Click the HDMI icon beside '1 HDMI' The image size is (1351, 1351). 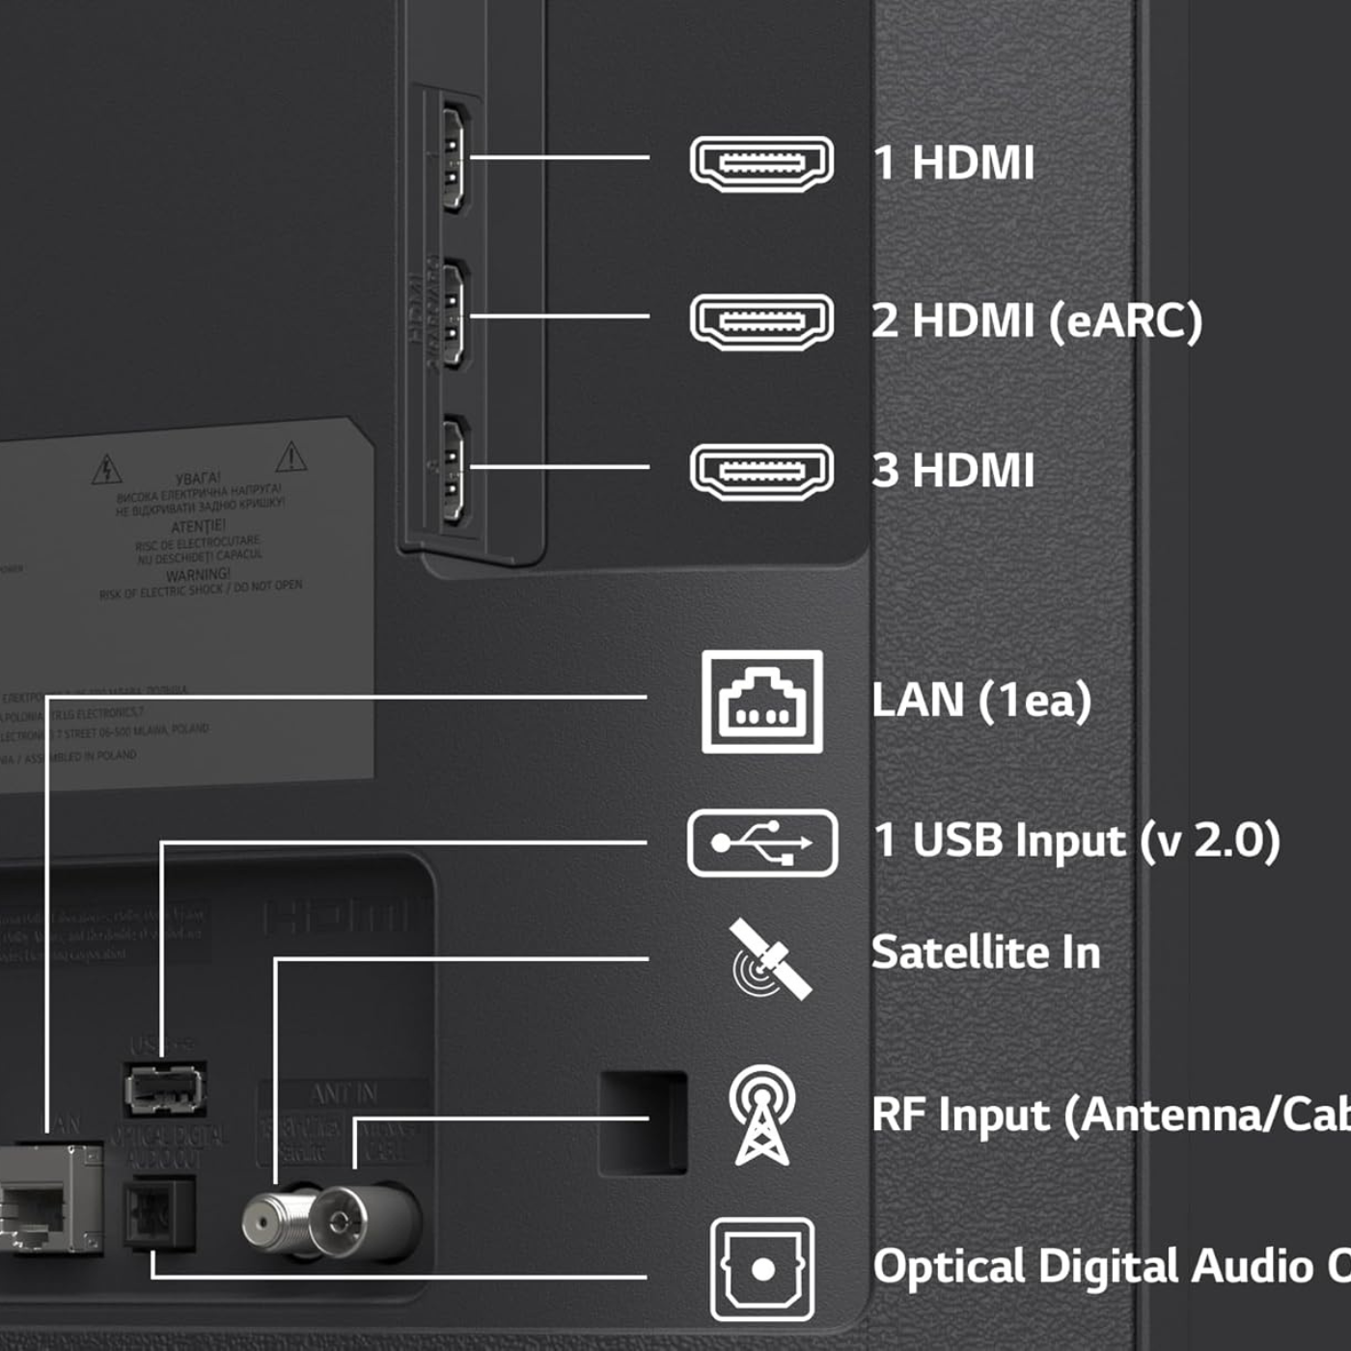[761, 163]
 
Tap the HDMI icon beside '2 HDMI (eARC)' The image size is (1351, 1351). [761, 321]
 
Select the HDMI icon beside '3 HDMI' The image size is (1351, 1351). [761, 472]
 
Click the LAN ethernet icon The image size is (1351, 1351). [762, 702]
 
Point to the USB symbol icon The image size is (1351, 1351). [762, 842]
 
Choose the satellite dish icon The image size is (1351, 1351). [769, 959]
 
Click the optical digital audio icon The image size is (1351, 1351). [762, 1268]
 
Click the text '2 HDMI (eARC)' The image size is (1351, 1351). [1036, 321]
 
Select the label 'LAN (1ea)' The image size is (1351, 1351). [980, 701]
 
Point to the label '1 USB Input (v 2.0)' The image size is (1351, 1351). [1076, 841]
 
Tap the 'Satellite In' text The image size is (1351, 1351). [985, 952]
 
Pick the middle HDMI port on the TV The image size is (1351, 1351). [452, 315]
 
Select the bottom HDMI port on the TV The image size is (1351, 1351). [452, 470]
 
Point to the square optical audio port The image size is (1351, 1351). [158, 1215]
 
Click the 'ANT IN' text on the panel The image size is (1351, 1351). [345, 1093]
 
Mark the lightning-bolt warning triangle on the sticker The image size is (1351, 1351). [106, 470]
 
